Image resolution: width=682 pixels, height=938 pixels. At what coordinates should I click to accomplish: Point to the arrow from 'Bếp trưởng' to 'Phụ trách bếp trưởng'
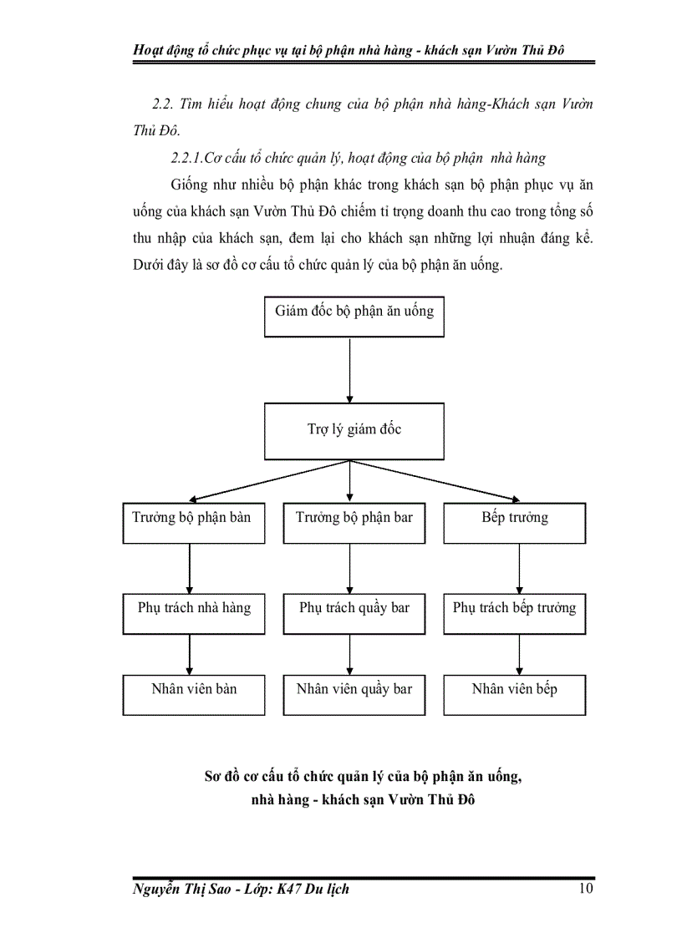(520, 568)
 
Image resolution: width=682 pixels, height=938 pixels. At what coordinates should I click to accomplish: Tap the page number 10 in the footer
(585, 889)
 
